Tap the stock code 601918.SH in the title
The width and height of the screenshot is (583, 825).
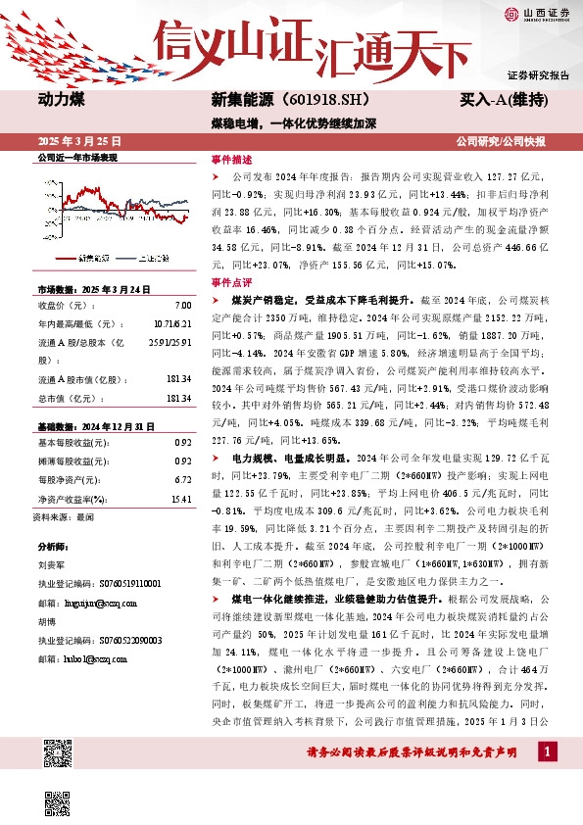[312, 100]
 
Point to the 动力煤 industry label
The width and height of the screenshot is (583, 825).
[61, 99]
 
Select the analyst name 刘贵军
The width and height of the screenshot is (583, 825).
[51, 565]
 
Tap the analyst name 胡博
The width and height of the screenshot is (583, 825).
[46, 620]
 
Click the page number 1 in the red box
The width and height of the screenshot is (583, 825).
[546, 751]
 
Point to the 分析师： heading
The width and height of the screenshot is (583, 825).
[52, 546]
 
